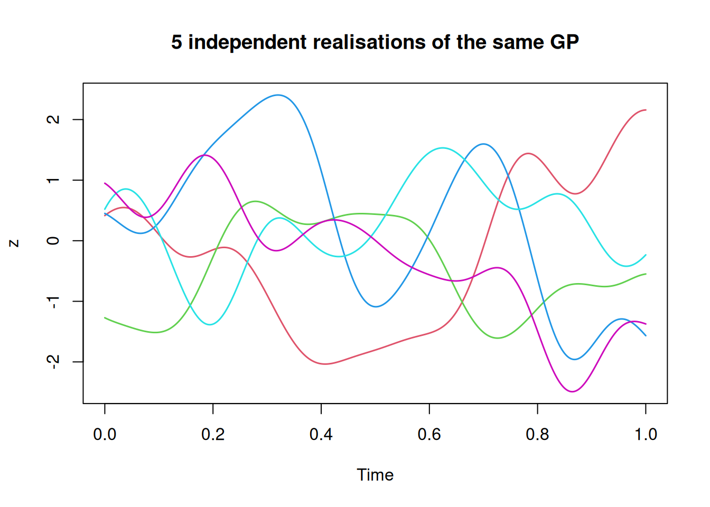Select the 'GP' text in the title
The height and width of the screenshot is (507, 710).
click(564, 42)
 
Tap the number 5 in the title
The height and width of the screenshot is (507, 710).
click(176, 42)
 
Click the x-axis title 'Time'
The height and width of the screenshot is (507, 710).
click(375, 475)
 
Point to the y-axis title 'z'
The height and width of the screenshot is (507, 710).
click(14, 243)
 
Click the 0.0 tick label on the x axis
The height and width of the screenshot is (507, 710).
click(105, 435)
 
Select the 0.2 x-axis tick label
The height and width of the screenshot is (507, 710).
click(213, 435)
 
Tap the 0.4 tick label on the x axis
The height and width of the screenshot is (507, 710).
click(321, 435)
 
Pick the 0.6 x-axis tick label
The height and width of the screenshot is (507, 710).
click(429, 435)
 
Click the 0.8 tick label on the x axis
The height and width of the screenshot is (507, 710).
click(537, 435)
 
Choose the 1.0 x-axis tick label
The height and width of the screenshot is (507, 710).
click(646, 435)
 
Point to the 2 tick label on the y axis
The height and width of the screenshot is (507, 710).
click(53, 119)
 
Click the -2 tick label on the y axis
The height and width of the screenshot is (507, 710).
click(53, 361)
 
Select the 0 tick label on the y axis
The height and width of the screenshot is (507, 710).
click(53, 241)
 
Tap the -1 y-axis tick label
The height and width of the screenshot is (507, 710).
click(53, 301)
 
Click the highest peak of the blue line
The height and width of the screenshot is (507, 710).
click(278, 95)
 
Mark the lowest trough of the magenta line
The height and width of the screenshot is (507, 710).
click(573, 391)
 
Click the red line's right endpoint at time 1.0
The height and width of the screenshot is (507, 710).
click(646, 110)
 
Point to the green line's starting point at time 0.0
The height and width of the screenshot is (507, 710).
click(105, 318)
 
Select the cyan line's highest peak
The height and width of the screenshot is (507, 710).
click(442, 148)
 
